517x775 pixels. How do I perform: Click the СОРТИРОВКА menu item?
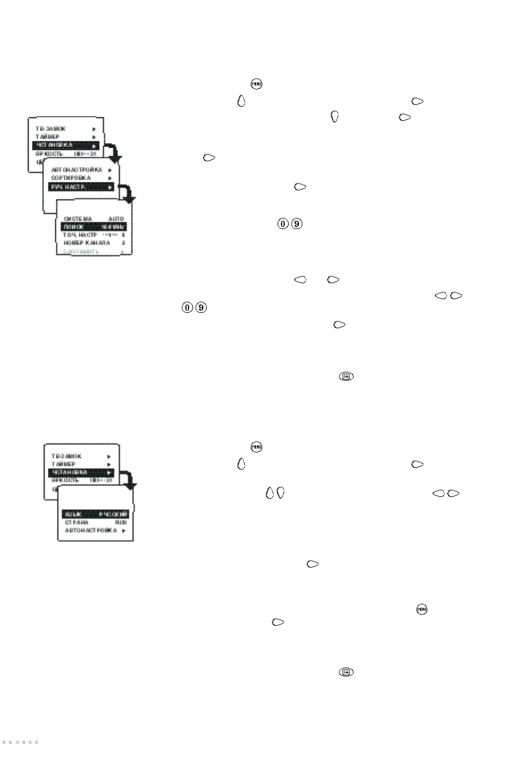71,178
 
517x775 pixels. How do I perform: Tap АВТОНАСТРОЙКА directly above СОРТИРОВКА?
77,170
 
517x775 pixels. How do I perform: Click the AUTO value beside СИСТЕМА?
116,219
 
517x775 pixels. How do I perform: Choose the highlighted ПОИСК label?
73,227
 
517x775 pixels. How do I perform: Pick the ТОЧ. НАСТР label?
80,235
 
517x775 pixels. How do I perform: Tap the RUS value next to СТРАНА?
121,522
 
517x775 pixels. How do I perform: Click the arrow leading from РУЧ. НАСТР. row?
130,195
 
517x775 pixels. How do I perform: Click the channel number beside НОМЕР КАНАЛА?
123,243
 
